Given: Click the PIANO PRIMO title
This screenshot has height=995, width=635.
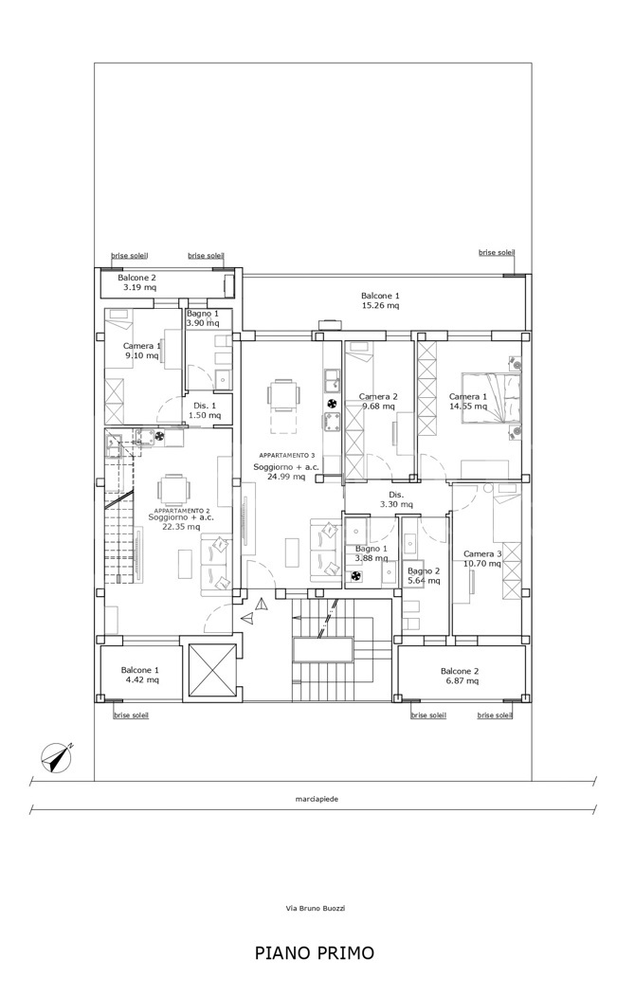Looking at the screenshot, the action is pos(315,952).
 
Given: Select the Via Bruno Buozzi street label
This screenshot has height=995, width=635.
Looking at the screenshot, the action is pos(316,908).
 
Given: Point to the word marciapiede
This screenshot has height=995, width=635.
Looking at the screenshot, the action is pos(317,799).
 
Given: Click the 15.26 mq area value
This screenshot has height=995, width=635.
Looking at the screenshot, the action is pos(380,305).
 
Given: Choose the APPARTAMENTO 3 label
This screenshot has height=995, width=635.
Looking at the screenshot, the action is pos(287,456).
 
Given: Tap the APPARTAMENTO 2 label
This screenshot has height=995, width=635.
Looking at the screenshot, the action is pos(183,510).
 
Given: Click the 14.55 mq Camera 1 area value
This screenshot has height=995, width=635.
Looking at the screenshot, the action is pos(468,407).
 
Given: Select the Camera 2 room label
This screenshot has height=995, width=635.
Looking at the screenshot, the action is pos(378,397).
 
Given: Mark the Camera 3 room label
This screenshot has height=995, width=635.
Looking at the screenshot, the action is pos(482,554).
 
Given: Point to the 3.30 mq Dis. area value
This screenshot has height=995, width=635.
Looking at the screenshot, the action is pos(396,504).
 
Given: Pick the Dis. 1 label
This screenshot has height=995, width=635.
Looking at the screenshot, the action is pos(205,406).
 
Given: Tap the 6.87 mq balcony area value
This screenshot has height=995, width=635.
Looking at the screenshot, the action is pos(460,681).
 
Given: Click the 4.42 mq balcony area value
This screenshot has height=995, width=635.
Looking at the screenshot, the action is pos(140,679).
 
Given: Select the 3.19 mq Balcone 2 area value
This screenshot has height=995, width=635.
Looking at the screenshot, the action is pos(139,287).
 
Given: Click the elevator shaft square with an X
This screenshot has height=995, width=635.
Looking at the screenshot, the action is pos(209,672).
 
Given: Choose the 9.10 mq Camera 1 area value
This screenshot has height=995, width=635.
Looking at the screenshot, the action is pos(141,355).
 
